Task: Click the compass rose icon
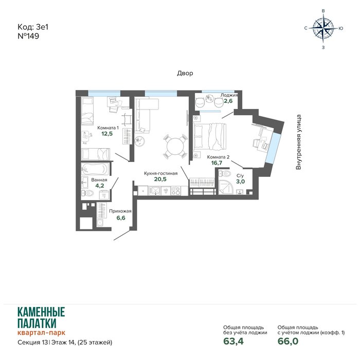coord(323,28)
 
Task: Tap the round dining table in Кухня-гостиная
coord(175,146)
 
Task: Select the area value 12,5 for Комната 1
coord(107,134)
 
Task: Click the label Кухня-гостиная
coord(160,173)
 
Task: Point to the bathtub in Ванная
coord(95,169)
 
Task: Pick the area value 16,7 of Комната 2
coord(217,163)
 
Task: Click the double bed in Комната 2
coord(210,137)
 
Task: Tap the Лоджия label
coord(229,95)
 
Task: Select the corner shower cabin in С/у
coord(225,187)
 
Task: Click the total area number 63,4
coord(233,341)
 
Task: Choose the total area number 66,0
coord(288,341)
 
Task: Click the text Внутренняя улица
coord(298,142)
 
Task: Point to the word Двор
coord(185,73)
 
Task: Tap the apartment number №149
coord(28,36)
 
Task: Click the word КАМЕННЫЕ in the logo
coord(41,312)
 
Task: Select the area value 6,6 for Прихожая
coord(121,218)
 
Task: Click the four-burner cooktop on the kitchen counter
coord(176,191)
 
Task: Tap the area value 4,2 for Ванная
coord(100,186)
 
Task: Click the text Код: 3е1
coord(33,27)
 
